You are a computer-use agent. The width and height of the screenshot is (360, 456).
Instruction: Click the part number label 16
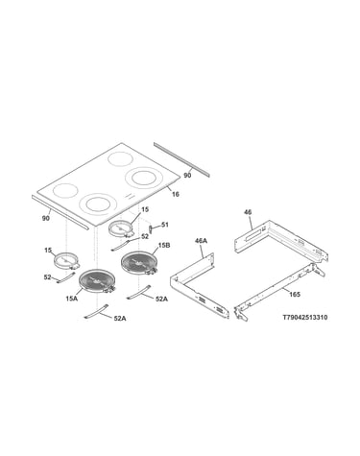(176, 194)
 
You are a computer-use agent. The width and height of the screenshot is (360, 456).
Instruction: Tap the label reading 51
(164, 225)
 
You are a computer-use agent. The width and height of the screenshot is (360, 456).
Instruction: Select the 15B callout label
(164, 246)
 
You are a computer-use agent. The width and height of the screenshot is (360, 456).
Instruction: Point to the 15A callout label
(72, 299)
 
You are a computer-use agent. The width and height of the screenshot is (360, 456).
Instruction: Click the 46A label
(201, 241)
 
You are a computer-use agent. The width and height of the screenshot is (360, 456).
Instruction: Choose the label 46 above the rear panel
(248, 212)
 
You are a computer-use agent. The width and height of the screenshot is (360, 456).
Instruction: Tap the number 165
(295, 294)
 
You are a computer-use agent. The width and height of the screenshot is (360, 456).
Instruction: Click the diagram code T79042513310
(304, 318)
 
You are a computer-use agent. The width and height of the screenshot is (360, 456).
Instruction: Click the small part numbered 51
(150, 228)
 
